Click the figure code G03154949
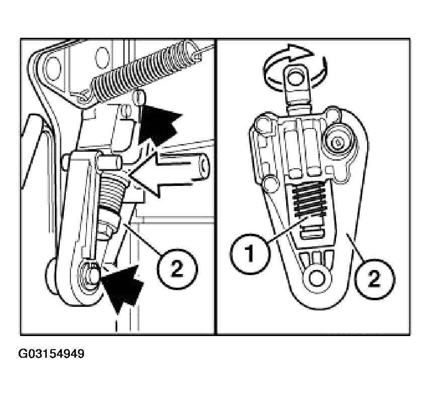click(51, 354)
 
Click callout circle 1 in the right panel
click(250, 254)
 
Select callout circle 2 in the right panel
click(374, 279)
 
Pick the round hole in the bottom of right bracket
click(317, 278)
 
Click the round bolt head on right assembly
click(337, 142)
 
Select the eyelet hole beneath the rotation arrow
click(296, 78)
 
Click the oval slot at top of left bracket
click(102, 58)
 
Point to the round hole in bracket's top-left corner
click(53, 69)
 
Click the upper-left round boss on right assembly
click(265, 123)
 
